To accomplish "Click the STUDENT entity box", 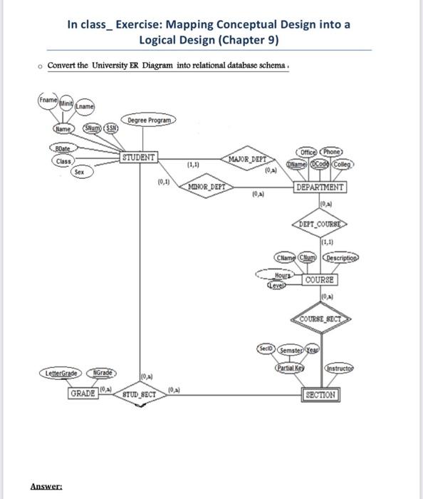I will [140, 156].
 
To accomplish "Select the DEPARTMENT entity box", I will [320, 187].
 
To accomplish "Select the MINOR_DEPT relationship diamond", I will [207, 187].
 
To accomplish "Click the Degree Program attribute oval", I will [150, 120].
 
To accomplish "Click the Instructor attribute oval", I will [340, 369].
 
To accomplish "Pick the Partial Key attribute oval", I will [288, 369].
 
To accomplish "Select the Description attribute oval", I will [345, 257].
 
